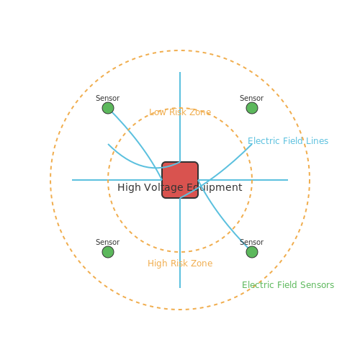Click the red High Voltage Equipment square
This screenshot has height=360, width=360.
tap(180, 180)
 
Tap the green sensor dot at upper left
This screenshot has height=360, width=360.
tap(108, 108)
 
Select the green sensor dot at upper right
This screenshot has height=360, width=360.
tap(252, 108)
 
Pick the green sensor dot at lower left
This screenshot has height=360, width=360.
tap(108, 252)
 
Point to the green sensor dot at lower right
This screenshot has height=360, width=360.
tap(252, 252)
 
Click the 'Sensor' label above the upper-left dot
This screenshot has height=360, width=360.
tap(108, 98)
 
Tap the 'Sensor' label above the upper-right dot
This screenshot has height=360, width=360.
tap(252, 98)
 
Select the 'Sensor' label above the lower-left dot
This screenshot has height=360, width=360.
tap(108, 242)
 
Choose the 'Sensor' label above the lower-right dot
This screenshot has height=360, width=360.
tap(252, 242)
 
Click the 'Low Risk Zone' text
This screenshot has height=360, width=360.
tap(180, 112)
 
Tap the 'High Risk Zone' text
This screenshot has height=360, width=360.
tap(180, 264)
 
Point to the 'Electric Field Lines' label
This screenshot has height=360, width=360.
tap(288, 141)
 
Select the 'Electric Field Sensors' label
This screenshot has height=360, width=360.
tap(288, 285)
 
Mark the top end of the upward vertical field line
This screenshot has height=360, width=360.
tap(180, 72)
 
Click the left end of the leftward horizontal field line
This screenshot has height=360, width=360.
tap(72, 180)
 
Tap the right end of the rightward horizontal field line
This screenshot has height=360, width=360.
tap(288, 180)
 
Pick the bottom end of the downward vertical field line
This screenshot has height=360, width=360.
tap(180, 288)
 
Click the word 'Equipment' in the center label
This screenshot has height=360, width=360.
tap(215, 188)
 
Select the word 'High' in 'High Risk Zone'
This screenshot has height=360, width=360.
tap(158, 264)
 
